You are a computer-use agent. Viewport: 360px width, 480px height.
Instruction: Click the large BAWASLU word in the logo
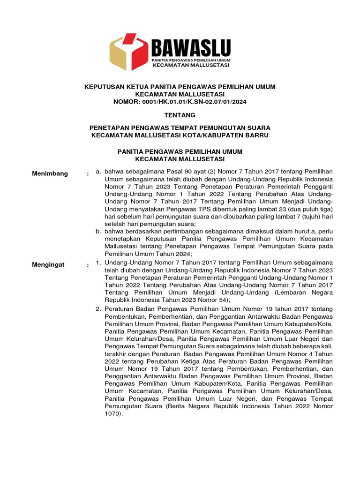(x=190, y=48)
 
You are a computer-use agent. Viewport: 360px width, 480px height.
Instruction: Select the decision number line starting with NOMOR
(x=180, y=102)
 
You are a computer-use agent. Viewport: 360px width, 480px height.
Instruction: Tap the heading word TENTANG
(x=180, y=115)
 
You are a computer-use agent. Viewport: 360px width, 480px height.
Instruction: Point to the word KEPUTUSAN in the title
(x=105, y=87)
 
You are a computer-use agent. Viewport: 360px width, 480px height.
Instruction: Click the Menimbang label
(x=50, y=174)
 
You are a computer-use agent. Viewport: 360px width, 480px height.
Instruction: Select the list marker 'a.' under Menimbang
(x=98, y=172)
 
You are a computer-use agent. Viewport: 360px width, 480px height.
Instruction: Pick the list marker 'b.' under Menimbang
(x=98, y=231)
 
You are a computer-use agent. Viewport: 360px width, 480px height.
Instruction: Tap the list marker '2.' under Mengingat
(x=98, y=309)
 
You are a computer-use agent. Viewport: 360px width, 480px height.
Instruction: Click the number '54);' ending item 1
(x=222, y=299)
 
